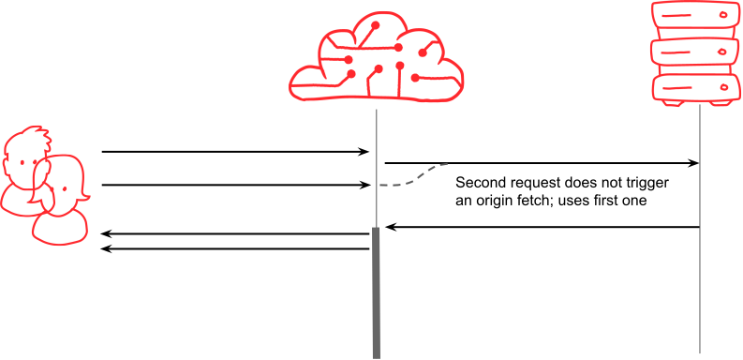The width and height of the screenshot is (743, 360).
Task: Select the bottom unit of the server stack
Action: (694, 89)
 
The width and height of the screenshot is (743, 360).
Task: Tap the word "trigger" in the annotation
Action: (650, 182)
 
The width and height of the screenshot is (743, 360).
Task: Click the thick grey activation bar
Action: (376, 291)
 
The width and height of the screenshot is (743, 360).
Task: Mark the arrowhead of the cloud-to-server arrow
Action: (694, 163)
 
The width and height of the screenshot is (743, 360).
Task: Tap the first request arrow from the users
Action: (234, 151)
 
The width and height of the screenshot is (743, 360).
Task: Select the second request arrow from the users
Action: (234, 186)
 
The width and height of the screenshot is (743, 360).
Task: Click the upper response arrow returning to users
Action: (234, 233)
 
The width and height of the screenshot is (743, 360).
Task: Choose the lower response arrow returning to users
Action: (234, 248)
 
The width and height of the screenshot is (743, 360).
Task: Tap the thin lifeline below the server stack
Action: (700, 281)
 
